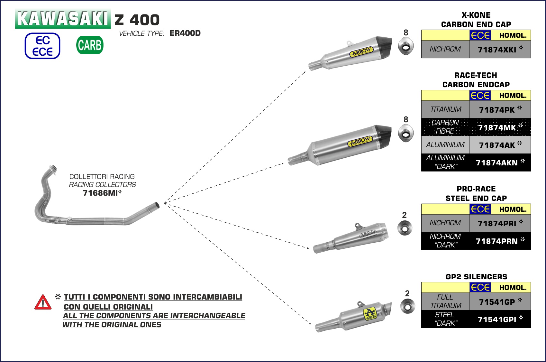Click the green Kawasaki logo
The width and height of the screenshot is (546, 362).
click(x=63, y=19)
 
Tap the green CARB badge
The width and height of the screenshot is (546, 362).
click(x=90, y=45)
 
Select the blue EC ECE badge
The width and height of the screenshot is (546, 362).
click(x=42, y=46)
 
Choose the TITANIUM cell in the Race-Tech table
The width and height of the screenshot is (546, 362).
click(x=446, y=109)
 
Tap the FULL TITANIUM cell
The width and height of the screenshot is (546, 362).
click(x=446, y=301)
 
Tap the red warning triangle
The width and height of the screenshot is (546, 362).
click(x=43, y=302)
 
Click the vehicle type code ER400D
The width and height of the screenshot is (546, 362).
click(x=185, y=33)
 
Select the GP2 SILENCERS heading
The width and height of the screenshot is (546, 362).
click(x=476, y=277)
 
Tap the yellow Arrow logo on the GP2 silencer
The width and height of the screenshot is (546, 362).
click(x=370, y=314)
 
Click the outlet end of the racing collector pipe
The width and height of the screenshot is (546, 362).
click(x=157, y=205)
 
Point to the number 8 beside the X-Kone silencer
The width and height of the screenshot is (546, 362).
click(x=406, y=32)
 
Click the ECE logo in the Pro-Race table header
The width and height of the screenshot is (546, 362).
click(x=480, y=209)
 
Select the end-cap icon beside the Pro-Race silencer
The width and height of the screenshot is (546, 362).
click(x=405, y=228)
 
